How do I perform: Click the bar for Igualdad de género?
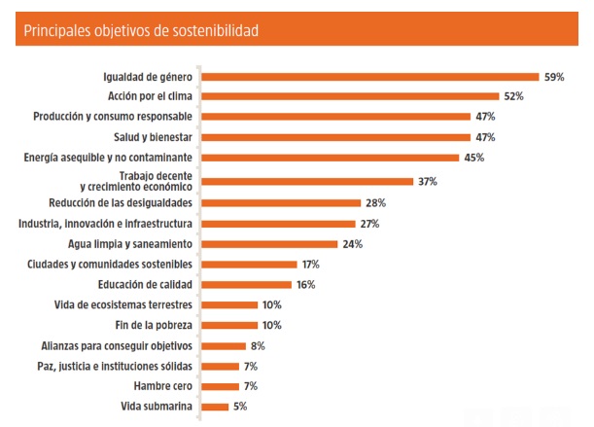pyautogui.click(x=369, y=76)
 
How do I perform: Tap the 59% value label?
pyautogui.click(x=554, y=76)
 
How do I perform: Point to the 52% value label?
pyautogui.click(x=514, y=96)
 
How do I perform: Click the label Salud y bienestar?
pyautogui.click(x=154, y=137)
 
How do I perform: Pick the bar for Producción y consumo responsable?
pyautogui.click(x=335, y=117)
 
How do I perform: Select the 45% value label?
pyautogui.click(x=473, y=158)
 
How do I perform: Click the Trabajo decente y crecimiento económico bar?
pyautogui.click(x=306, y=181)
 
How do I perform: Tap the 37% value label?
pyautogui.click(x=427, y=181)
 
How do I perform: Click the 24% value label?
pyautogui.click(x=352, y=243)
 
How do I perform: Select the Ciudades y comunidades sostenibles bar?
pyautogui.click(x=248, y=264)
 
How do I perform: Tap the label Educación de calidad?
pyautogui.click(x=145, y=284)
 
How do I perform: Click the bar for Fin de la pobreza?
pyautogui.click(x=229, y=325)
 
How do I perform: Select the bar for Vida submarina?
pyautogui.click(x=215, y=407)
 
